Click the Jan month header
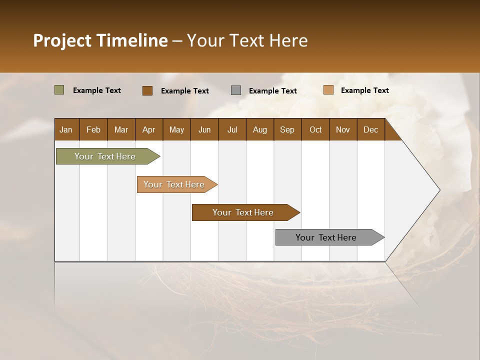(x=66, y=129)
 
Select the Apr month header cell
(x=149, y=129)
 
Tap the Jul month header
(x=232, y=129)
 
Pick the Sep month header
(x=287, y=129)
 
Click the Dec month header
(x=370, y=129)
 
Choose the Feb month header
(x=93, y=129)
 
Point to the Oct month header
(x=315, y=129)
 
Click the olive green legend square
(x=59, y=90)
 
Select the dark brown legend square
(x=147, y=90)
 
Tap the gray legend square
(x=236, y=90)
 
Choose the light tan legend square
(x=328, y=90)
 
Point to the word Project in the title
(x=62, y=40)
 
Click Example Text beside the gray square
(x=272, y=91)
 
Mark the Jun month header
(x=204, y=129)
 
